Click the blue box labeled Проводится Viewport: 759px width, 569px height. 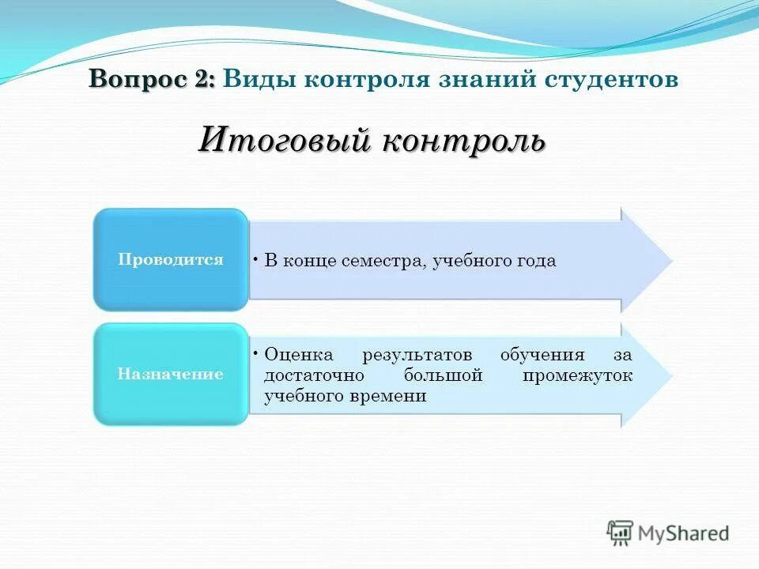tap(170, 259)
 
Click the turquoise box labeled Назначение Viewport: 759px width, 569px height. tap(170, 375)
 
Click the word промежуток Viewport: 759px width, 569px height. tap(577, 376)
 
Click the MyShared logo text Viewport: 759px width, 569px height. tap(685, 533)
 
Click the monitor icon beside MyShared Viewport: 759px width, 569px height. tap(621, 533)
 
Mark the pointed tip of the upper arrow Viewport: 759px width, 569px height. tap(672, 260)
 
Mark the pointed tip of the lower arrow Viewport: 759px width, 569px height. tap(672, 375)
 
